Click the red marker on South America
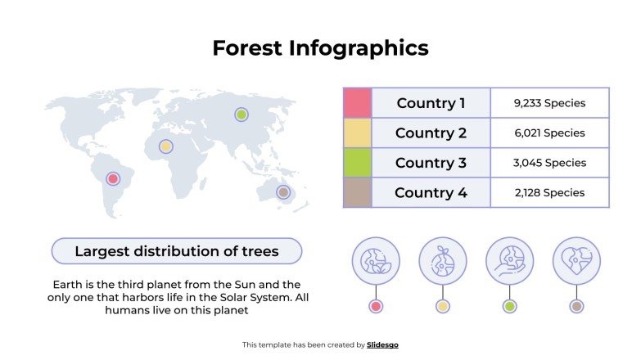(x=113, y=178)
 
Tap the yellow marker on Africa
(x=166, y=146)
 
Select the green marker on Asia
(x=241, y=115)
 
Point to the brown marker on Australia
(x=283, y=192)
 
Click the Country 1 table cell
(x=431, y=103)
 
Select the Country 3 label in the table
(x=431, y=163)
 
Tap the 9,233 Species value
(x=549, y=103)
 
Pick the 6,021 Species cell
(x=549, y=133)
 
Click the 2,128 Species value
(x=549, y=192)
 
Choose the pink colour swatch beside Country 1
(x=358, y=103)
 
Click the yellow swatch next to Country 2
(x=358, y=133)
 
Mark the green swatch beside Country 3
(x=358, y=163)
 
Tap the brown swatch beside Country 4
(x=358, y=192)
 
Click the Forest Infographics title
(x=320, y=48)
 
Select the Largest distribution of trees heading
(x=177, y=251)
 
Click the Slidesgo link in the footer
(x=382, y=345)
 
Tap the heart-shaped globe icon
(x=576, y=261)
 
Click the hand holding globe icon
(x=509, y=261)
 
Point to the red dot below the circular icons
(x=376, y=307)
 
